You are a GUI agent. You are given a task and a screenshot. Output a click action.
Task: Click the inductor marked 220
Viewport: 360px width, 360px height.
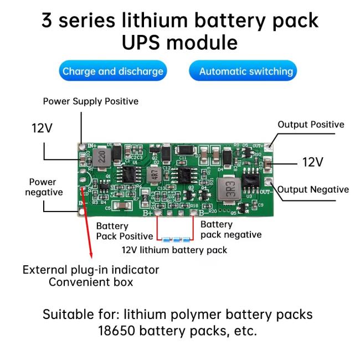[101, 156]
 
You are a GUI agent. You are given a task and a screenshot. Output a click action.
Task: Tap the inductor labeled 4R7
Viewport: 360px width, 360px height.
[154, 175]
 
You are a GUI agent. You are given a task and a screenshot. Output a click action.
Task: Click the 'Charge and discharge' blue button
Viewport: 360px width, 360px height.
[113, 71]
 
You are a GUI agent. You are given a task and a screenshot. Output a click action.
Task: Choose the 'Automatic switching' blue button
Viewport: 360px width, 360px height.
[246, 71]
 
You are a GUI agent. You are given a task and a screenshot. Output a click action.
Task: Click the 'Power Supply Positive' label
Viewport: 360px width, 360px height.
[91, 101]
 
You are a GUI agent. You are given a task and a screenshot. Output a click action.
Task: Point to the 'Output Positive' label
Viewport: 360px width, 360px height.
[311, 125]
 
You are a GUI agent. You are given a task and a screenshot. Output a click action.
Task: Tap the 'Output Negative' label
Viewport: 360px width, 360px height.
[313, 189]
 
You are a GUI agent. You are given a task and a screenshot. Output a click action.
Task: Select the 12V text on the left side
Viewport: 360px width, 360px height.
[42, 128]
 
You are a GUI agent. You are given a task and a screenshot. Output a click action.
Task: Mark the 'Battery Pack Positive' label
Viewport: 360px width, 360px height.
[124, 231]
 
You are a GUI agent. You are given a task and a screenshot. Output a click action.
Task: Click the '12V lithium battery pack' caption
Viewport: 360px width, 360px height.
[174, 250]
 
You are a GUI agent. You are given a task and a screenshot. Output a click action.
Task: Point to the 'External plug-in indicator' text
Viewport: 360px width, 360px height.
[91, 270]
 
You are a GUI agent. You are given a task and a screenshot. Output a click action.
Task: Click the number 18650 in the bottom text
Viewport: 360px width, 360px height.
[119, 331]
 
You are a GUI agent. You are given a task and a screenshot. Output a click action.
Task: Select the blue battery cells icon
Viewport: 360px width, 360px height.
[176, 240]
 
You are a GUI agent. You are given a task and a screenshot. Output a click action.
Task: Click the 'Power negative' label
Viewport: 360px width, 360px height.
[43, 187]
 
